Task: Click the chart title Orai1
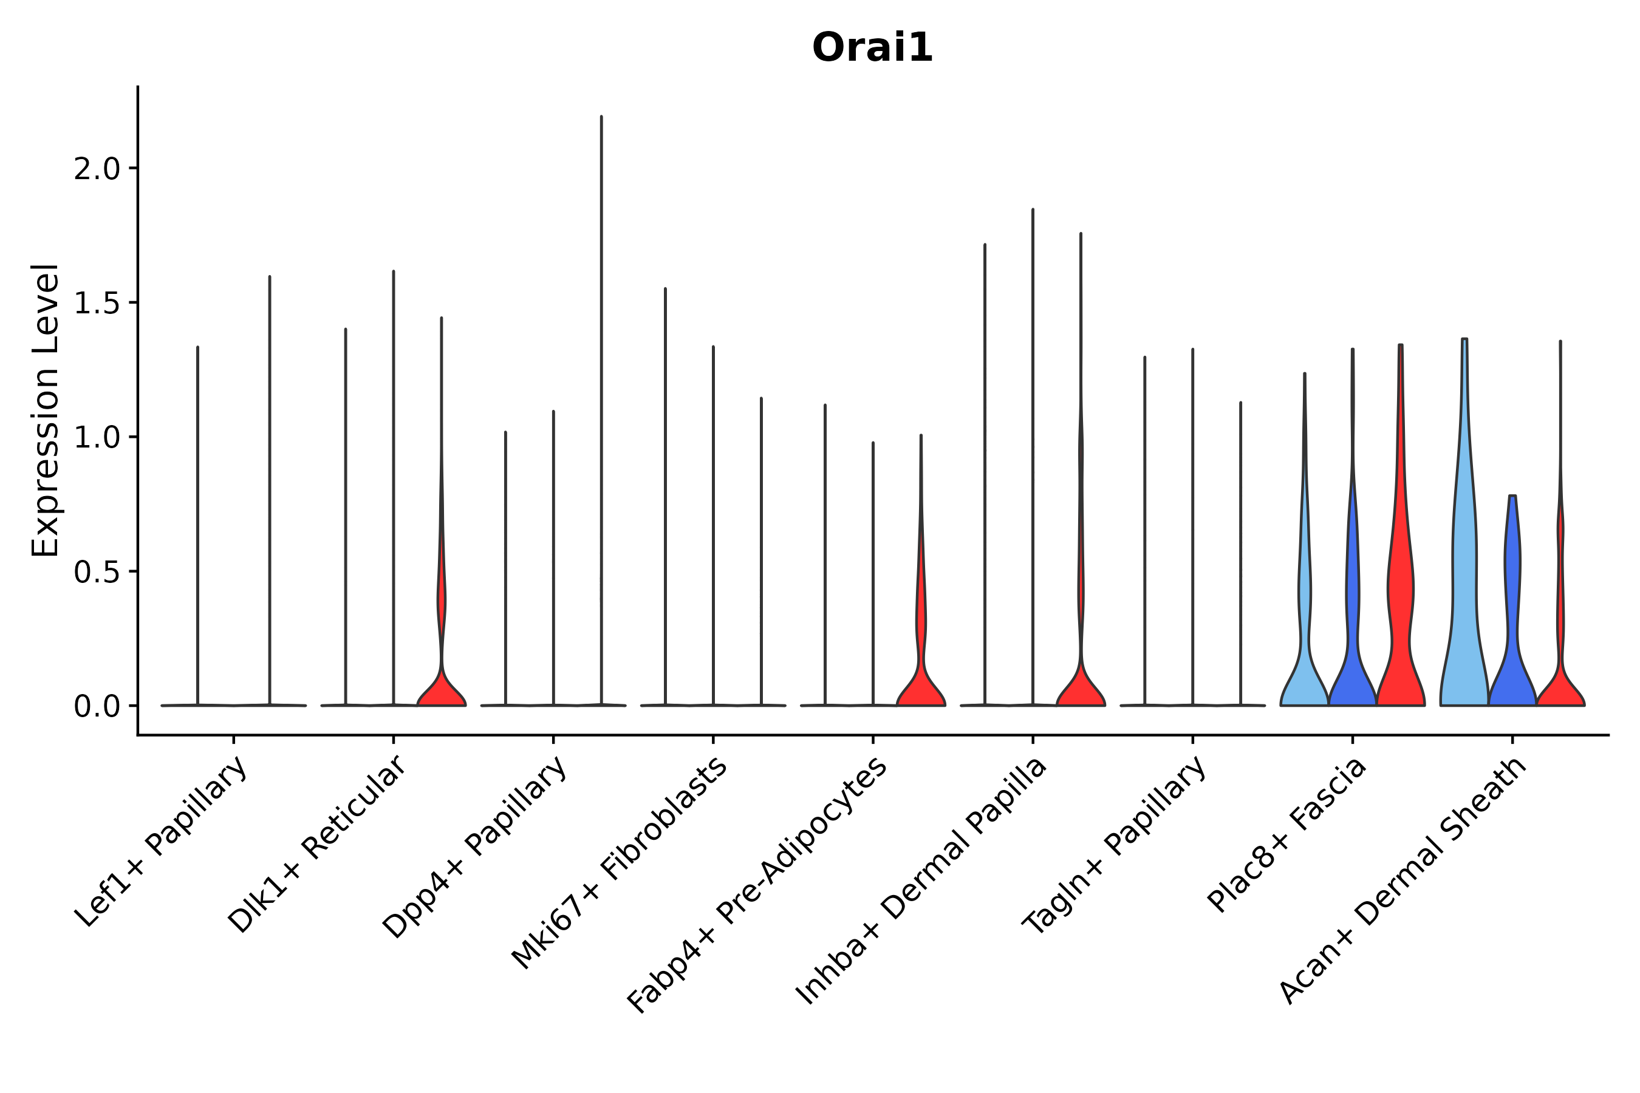point(872,48)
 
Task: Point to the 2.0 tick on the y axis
point(97,169)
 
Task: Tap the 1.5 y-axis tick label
point(97,303)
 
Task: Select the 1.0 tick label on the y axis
point(97,438)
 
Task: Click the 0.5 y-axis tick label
point(97,572)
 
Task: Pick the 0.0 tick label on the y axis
point(97,707)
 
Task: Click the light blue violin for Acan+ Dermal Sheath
point(1464,593)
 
